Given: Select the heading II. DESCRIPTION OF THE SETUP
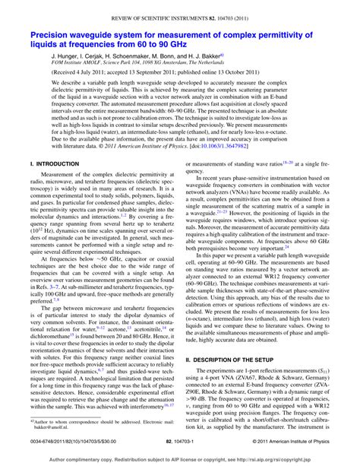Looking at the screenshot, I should [x=243, y=359].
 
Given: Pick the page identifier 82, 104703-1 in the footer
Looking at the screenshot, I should [x=180, y=439].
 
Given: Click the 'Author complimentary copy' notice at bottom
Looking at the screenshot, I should [x=180, y=459].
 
